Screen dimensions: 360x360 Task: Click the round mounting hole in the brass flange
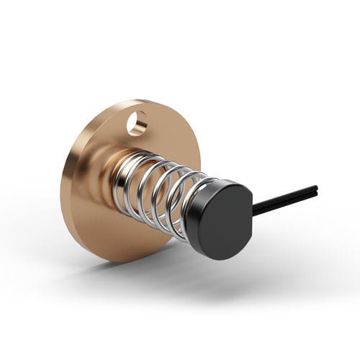pyautogui.click(x=137, y=123)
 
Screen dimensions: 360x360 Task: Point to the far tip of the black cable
pyautogui.click(x=315, y=190)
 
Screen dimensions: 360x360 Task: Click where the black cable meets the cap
pyautogui.click(x=253, y=210)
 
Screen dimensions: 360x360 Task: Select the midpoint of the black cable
pyautogui.click(x=284, y=200)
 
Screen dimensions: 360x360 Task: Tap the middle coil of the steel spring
pyautogui.click(x=155, y=194)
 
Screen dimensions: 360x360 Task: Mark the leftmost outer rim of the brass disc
pyautogui.click(x=63, y=180)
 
